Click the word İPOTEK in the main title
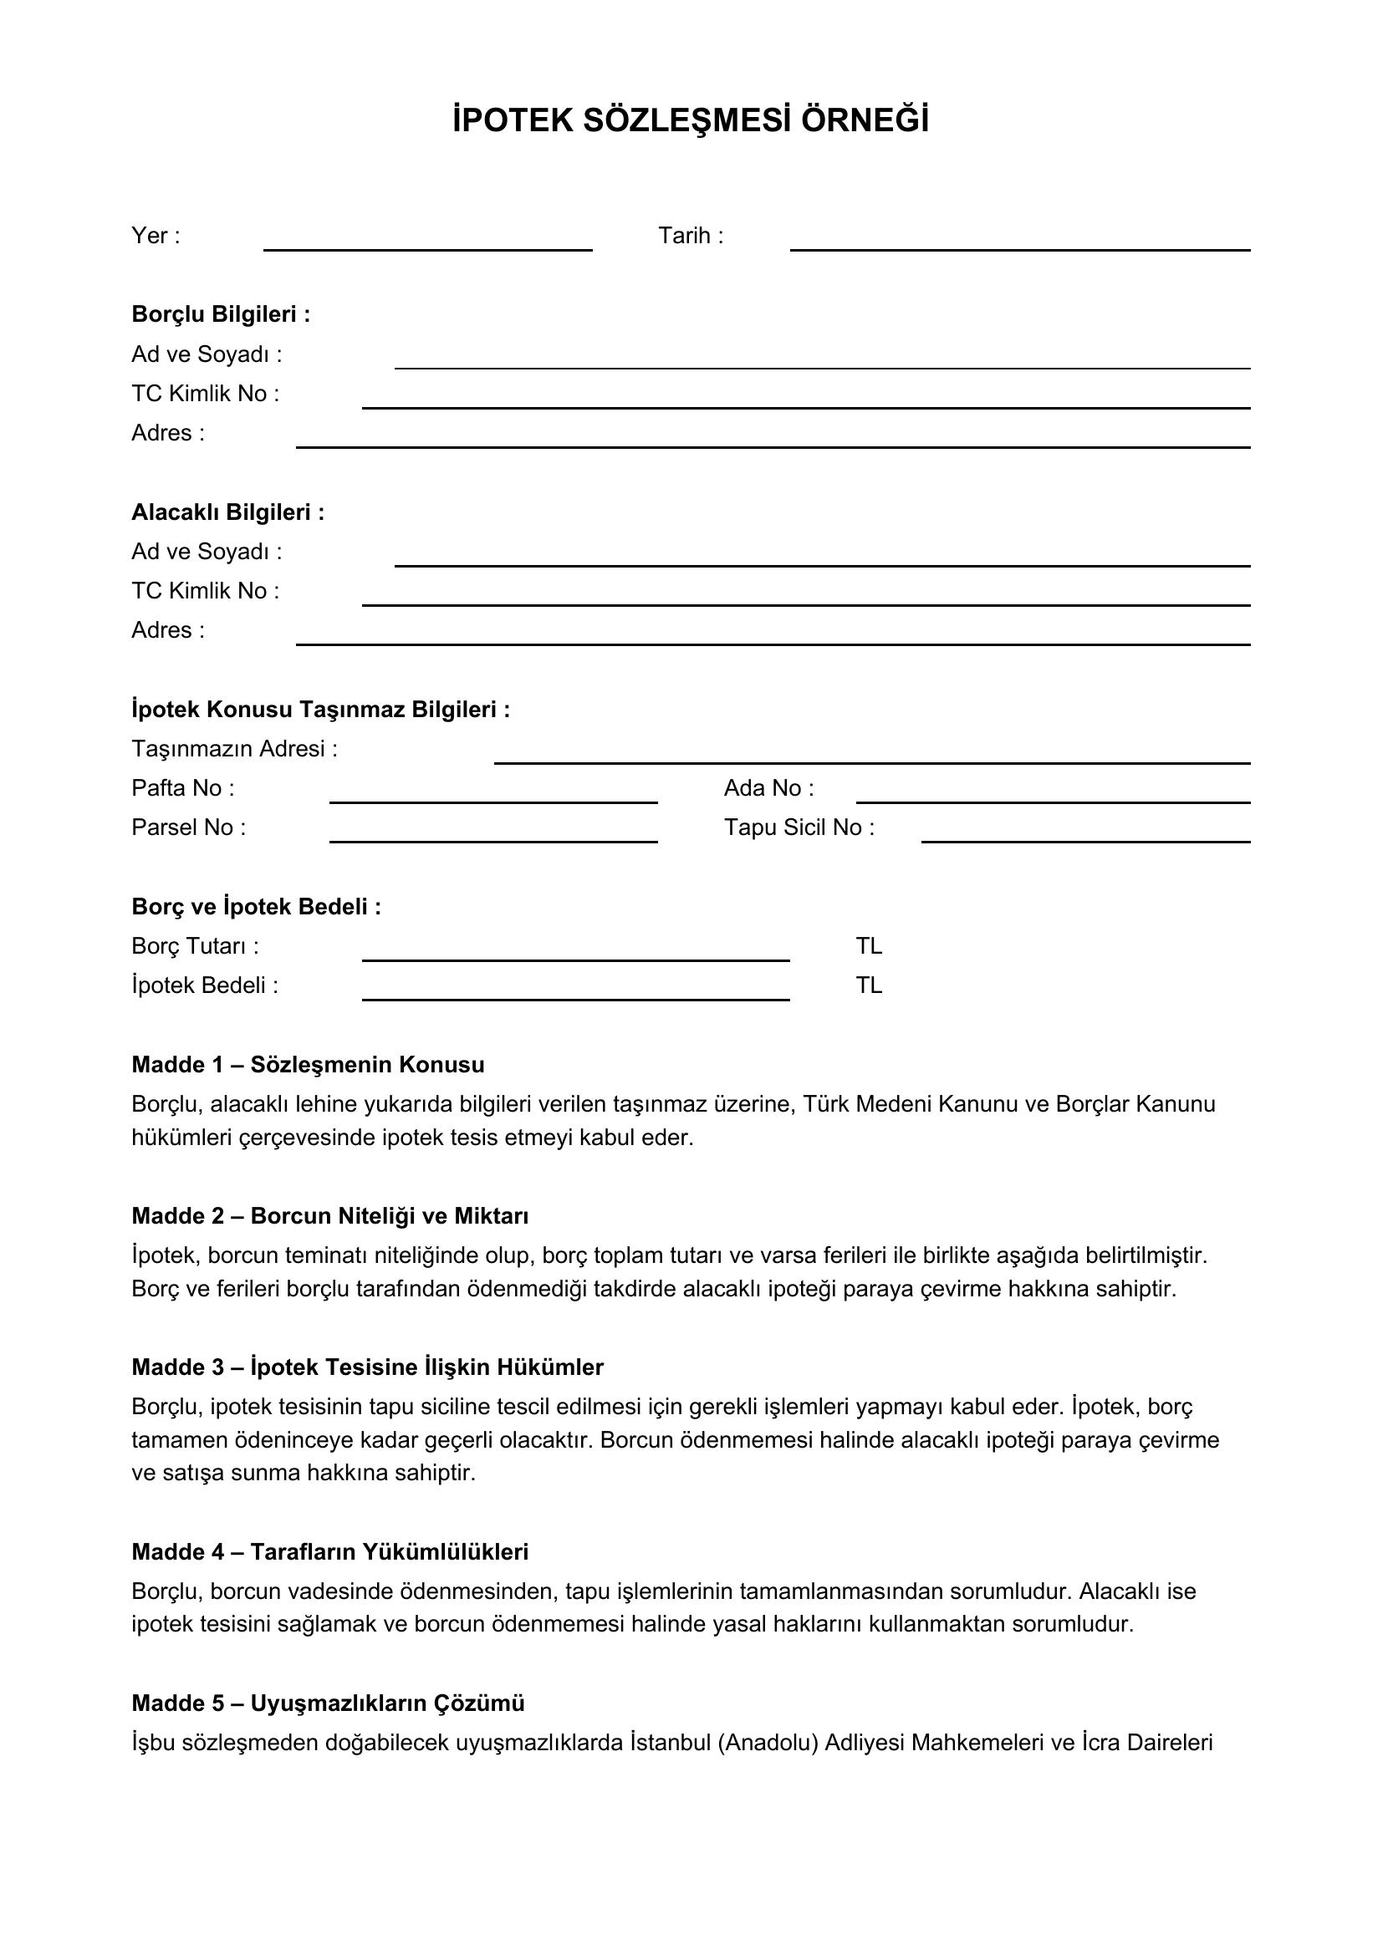[x=512, y=120]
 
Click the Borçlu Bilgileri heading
[x=221, y=314]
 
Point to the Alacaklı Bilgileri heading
[x=227, y=512]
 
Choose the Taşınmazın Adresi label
[x=234, y=748]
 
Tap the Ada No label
[x=768, y=787]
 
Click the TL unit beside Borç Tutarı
[x=869, y=946]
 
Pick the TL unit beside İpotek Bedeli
[x=869, y=985]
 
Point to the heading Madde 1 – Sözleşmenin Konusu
[x=308, y=1064]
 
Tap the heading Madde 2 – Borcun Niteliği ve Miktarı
[x=329, y=1215]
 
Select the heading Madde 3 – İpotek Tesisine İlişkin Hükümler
[x=367, y=1367]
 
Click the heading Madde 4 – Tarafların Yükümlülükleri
[x=329, y=1551]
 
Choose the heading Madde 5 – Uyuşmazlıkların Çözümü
[x=328, y=1703]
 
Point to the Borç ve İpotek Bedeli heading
[x=256, y=907]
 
